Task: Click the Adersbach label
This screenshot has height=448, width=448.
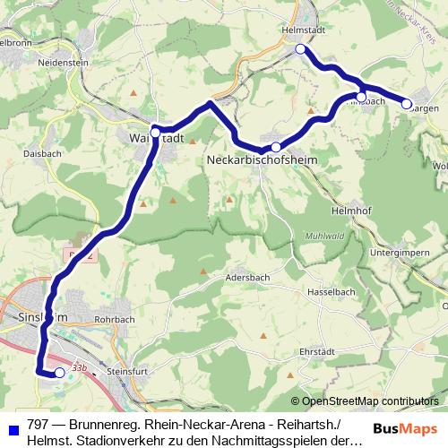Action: pyautogui.click(x=249, y=276)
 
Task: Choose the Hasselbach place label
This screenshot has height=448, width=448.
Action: pyautogui.click(x=331, y=292)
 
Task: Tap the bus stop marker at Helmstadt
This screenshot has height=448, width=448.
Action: pyautogui.click(x=300, y=50)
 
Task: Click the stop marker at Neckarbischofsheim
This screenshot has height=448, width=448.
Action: pyautogui.click(x=276, y=147)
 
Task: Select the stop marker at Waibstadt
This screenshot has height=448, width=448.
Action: pyautogui.click(x=156, y=133)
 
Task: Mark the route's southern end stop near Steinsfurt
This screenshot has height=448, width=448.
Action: pyautogui.click(x=60, y=373)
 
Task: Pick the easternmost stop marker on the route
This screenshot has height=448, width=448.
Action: pyautogui.click(x=406, y=104)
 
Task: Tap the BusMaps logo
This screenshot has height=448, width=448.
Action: pyautogui.click(x=404, y=426)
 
